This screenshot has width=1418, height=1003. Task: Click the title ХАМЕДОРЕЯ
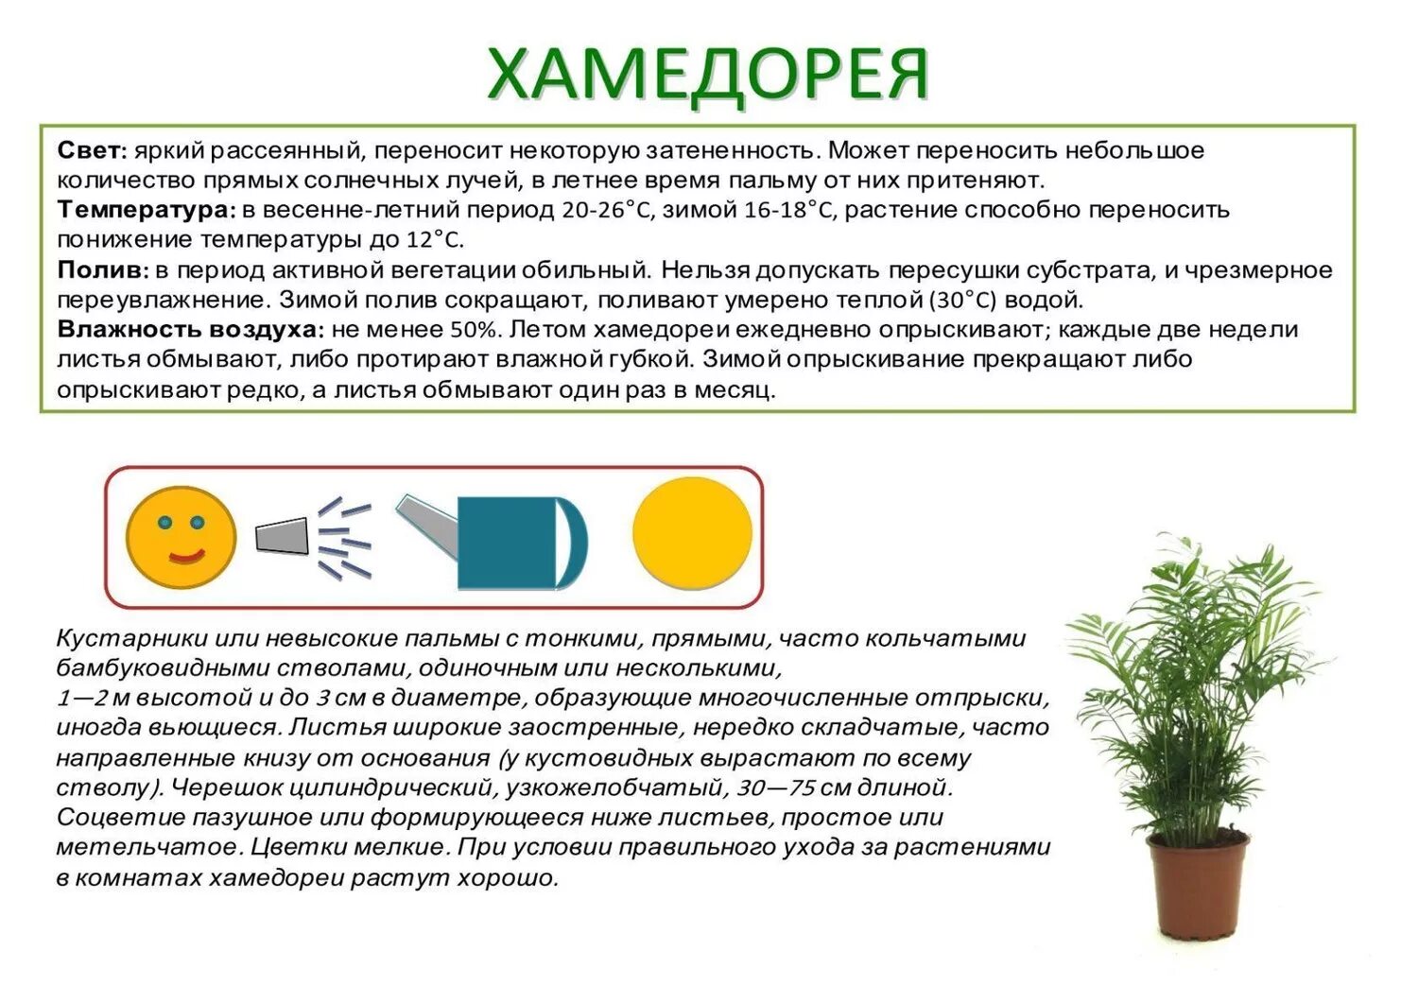point(708,74)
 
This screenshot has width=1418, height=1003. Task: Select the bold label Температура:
point(146,210)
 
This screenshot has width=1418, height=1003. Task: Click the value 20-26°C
point(607,210)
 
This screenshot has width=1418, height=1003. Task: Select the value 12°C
point(435,240)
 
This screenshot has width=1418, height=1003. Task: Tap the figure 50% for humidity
point(472,330)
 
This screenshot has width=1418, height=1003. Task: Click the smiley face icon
point(182,537)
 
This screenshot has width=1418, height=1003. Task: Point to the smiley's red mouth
point(185,557)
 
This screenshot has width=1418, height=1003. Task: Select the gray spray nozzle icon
point(283,537)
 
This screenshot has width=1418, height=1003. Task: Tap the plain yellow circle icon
point(692,533)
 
